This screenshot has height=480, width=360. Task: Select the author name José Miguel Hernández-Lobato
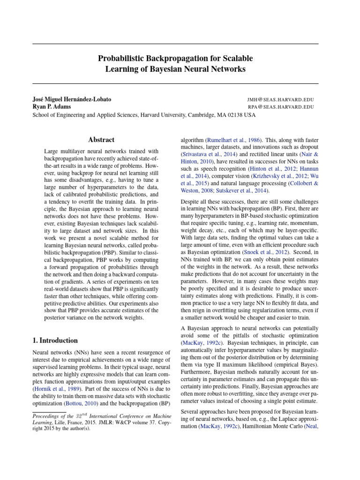tap(72, 100)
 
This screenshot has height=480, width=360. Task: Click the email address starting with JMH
tap(280, 100)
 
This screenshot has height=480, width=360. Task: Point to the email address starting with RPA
tap(281, 107)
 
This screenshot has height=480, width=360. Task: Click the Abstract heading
tap(101, 140)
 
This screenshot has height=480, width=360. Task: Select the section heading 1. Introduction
tap(55, 340)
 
